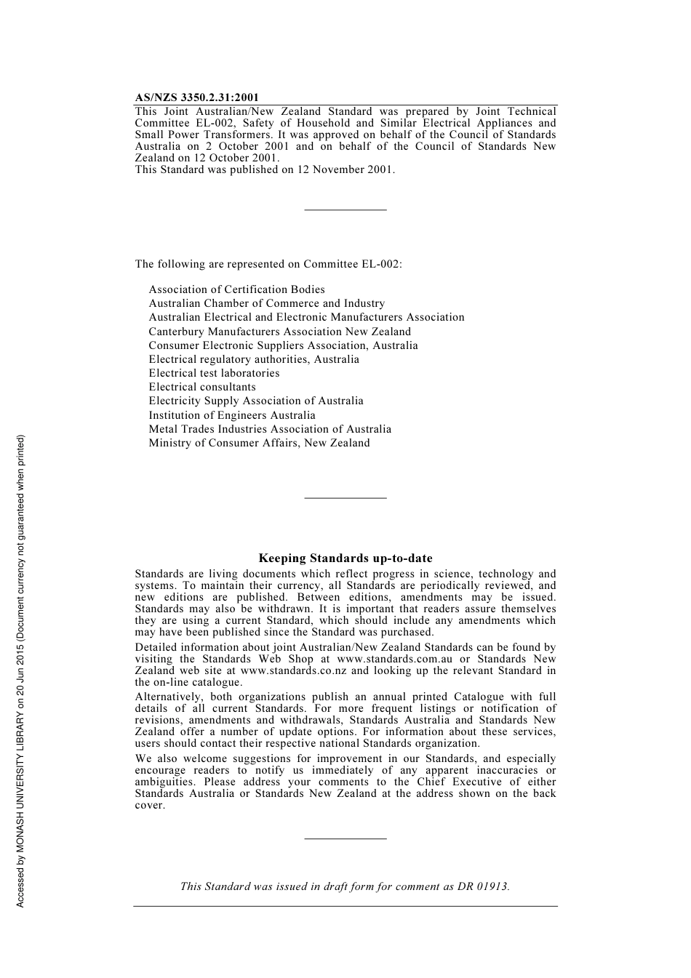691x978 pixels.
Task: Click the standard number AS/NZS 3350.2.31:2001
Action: [x=196, y=97]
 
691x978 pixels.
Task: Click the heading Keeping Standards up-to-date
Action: [x=345, y=558]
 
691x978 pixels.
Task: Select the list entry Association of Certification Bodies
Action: [x=236, y=289]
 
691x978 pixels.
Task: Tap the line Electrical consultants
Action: [x=202, y=387]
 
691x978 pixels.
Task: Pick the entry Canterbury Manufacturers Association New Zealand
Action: [x=279, y=332]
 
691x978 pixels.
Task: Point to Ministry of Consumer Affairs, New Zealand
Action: [x=259, y=443]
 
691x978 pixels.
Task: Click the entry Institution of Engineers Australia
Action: [x=232, y=415]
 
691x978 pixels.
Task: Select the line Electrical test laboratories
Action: [x=214, y=373]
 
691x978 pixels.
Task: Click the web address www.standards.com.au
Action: [x=394, y=659]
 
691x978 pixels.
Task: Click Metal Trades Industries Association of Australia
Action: [x=270, y=429]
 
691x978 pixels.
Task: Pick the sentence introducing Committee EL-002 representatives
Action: [x=268, y=264]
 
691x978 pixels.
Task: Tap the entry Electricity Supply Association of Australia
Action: [x=256, y=401]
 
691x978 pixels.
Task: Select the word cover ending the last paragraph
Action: [x=148, y=805]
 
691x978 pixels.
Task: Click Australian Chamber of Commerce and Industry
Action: [x=266, y=303]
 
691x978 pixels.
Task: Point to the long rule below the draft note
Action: [x=345, y=906]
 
